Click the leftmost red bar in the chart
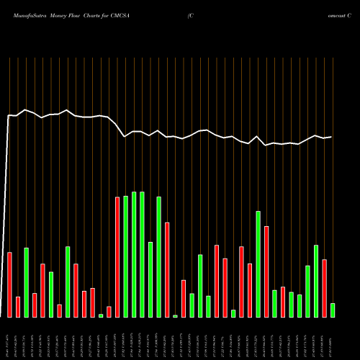point(10,284)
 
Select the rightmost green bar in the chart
point(333,310)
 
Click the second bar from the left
point(18,307)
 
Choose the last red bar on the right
point(325,288)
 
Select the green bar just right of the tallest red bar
point(125,256)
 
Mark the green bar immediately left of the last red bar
point(316,281)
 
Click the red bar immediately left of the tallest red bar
point(109,312)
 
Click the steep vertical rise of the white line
point(6,216)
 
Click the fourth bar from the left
point(35,305)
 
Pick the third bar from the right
point(316,281)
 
